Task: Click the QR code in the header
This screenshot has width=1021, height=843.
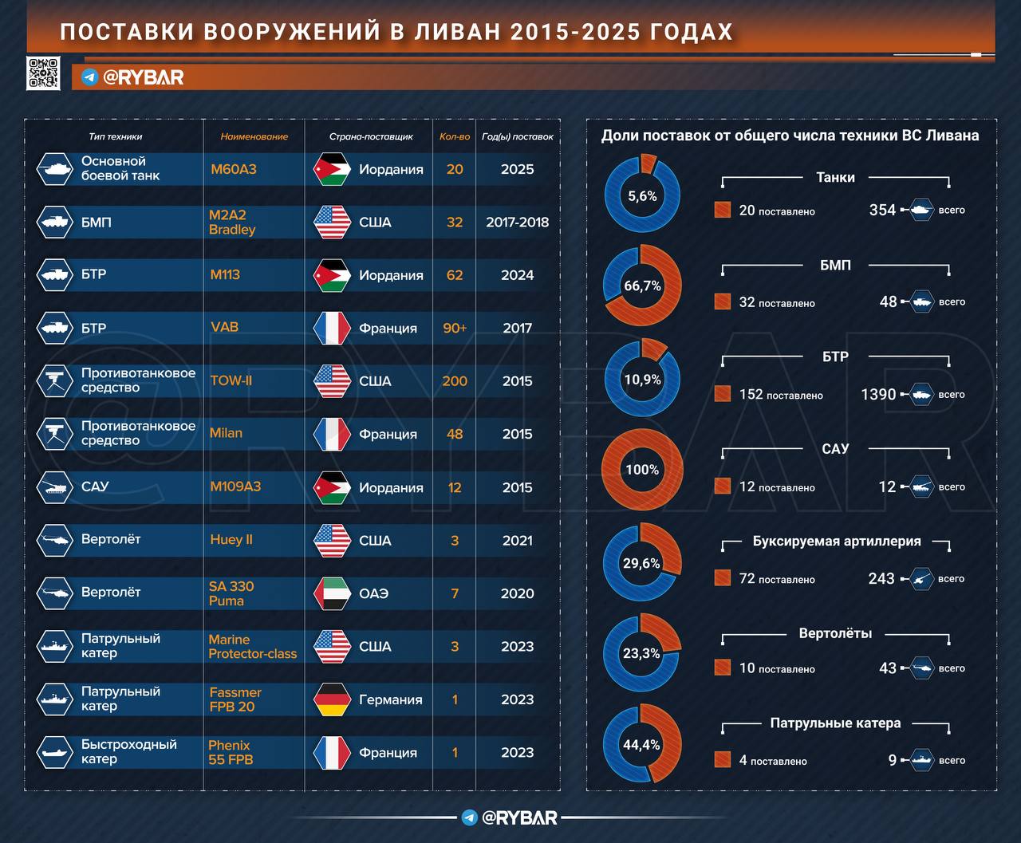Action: coord(43,73)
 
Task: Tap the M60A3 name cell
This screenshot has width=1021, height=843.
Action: coord(234,169)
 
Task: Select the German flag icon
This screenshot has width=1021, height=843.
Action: coord(332,699)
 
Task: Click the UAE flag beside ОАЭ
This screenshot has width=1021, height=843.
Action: coord(332,593)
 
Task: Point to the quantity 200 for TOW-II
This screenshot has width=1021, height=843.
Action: coord(455,381)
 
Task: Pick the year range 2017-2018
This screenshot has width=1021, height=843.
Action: coord(517,223)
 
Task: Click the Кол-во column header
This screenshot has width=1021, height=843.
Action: coord(455,136)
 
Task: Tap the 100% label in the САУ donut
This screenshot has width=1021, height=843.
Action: coord(642,470)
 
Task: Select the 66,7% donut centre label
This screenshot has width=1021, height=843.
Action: coord(642,286)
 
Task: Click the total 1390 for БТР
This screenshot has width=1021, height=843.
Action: coord(878,394)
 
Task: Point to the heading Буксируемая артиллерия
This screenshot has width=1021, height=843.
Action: coord(836,541)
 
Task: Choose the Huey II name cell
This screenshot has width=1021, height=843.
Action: coord(231,540)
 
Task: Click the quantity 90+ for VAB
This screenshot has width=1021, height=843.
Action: coord(455,328)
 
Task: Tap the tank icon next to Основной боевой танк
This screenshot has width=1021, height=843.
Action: coord(55,169)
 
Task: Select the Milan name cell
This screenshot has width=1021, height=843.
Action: coord(226,433)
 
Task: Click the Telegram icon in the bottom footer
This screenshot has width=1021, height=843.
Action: coord(470,817)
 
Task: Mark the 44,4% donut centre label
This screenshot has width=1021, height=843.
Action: coord(642,745)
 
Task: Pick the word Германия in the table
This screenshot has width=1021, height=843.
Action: coord(391,699)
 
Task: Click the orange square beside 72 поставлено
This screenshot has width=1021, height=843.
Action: coord(723,578)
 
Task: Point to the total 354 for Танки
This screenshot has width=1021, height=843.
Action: coord(882,210)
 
